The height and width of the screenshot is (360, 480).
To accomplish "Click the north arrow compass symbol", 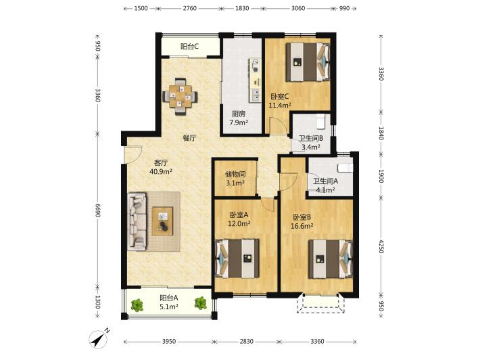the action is click(x=99, y=339).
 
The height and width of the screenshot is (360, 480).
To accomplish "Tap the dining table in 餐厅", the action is click(x=180, y=97).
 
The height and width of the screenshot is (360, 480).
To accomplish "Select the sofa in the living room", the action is click(x=137, y=221).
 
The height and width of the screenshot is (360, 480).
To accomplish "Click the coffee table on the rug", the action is click(x=162, y=221).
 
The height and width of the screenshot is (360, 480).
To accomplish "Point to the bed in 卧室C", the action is click(x=308, y=62).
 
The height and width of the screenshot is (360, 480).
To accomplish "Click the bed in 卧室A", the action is click(x=237, y=258).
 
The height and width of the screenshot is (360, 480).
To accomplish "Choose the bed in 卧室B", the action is click(x=331, y=259).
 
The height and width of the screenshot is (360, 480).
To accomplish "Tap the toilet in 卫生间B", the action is click(x=320, y=121).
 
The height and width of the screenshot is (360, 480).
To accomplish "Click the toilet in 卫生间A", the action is click(x=345, y=168).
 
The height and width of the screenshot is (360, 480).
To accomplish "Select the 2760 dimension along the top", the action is click(x=190, y=8).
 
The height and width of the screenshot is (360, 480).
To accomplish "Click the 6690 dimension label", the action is click(x=97, y=210).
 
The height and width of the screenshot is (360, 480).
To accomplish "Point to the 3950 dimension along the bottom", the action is click(x=169, y=341).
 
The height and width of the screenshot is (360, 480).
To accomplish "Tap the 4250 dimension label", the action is click(x=381, y=246).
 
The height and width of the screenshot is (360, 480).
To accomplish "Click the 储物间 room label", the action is click(x=235, y=175).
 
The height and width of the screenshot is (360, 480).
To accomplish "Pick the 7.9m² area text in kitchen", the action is click(x=239, y=122).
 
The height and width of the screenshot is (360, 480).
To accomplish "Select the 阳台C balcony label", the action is click(x=189, y=47).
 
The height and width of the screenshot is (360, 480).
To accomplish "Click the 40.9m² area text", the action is click(x=161, y=171).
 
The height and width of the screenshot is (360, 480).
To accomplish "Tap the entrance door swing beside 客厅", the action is click(x=133, y=154).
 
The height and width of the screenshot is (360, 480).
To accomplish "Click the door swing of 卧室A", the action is click(x=268, y=204).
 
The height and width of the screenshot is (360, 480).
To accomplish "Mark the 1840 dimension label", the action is click(x=381, y=133).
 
